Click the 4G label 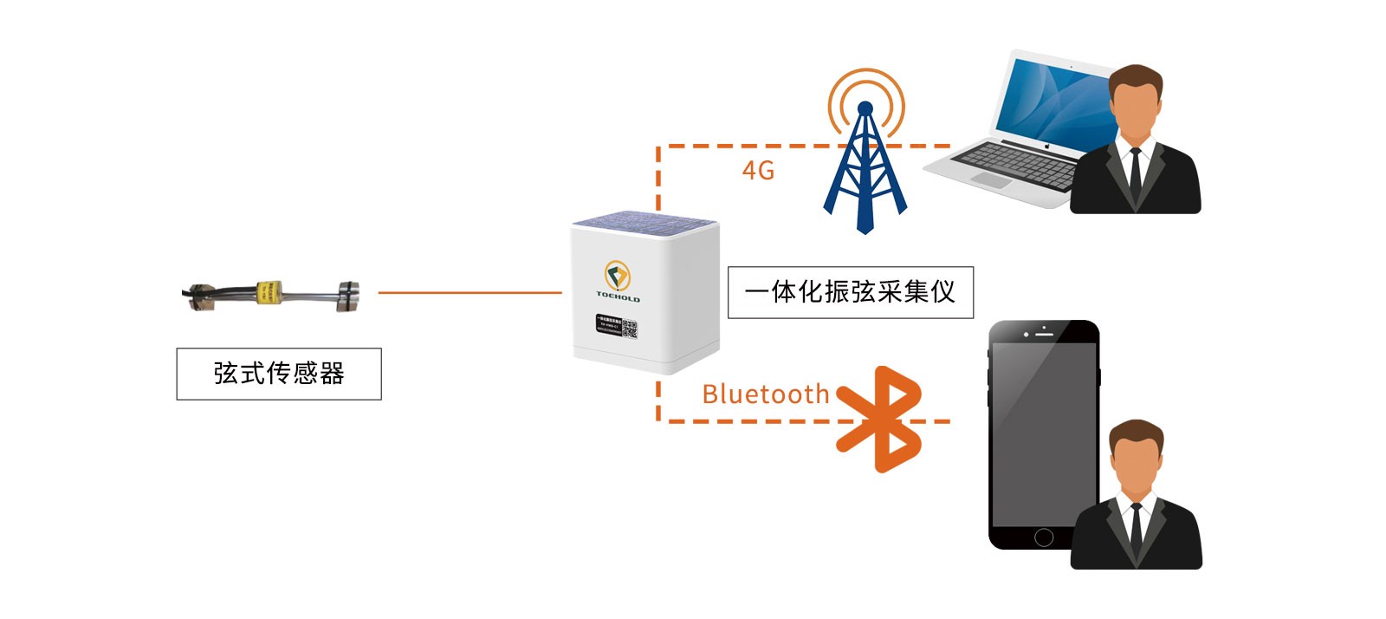758,171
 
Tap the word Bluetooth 765,394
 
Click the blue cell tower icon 865,169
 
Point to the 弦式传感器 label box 279,374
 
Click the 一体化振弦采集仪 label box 850,292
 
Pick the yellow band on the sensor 269,293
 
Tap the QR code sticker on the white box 629,329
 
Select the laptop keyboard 1014,162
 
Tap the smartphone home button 1044,538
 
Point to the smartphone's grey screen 1044,433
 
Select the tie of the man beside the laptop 1136,173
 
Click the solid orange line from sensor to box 470,293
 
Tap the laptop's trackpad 990,180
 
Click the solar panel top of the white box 644,222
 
